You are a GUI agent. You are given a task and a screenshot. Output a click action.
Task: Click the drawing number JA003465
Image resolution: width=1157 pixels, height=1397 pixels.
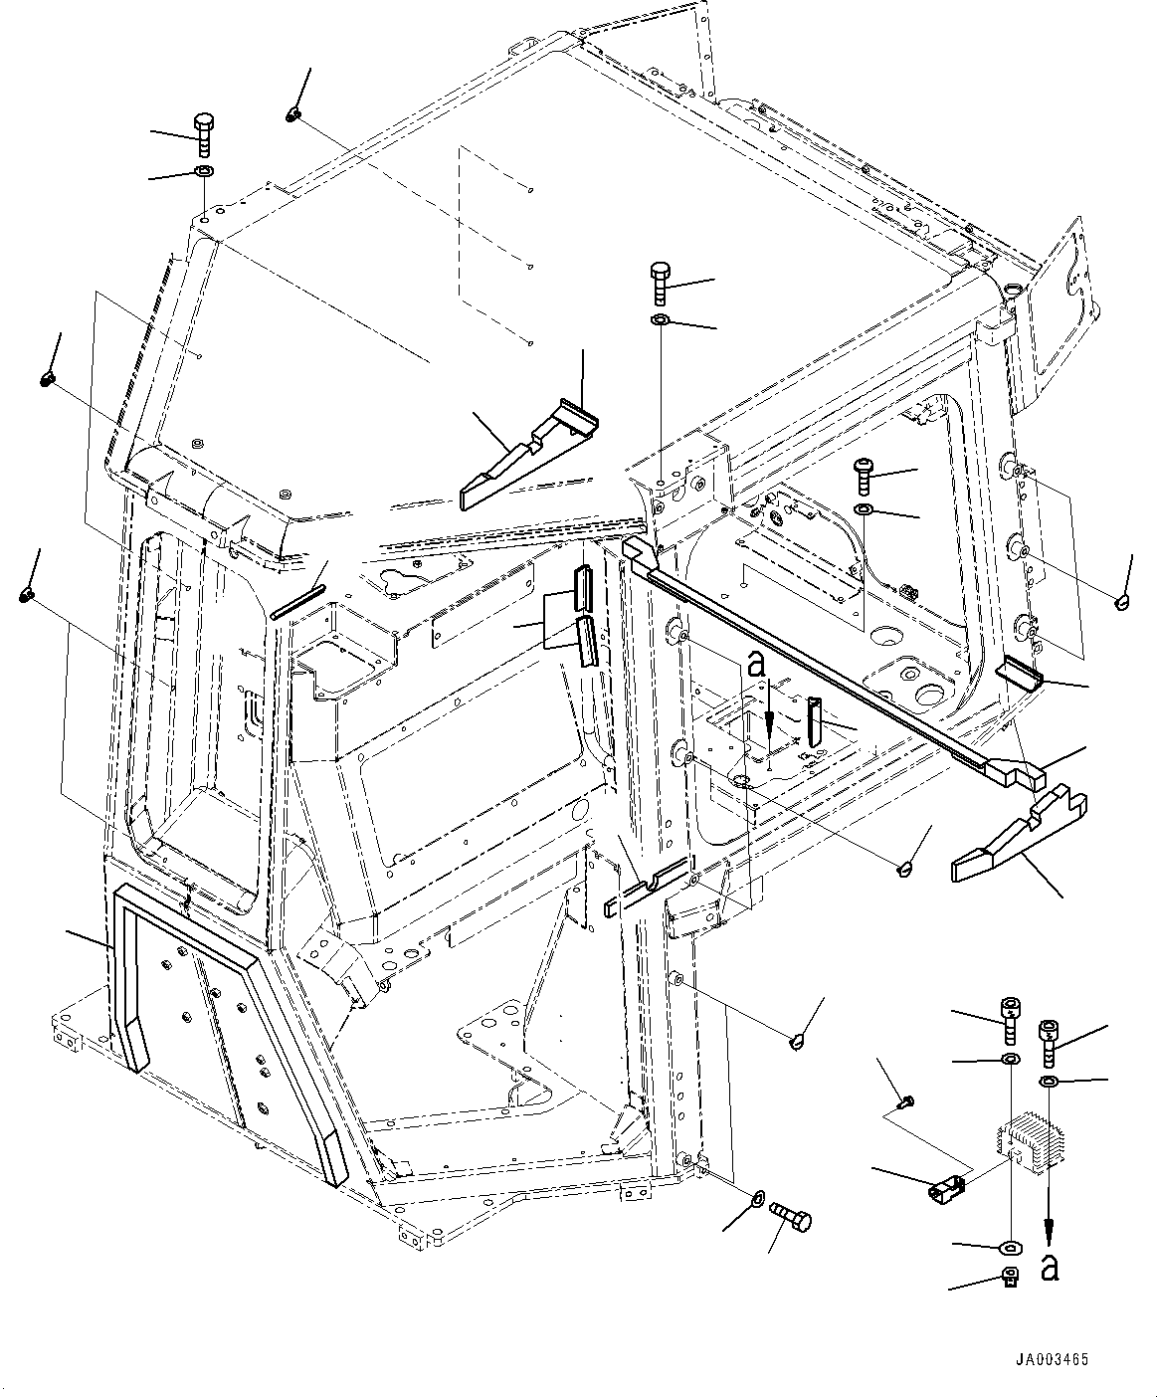1052,1357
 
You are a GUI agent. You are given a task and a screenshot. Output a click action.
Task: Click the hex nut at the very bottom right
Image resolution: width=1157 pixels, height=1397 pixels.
1011,1277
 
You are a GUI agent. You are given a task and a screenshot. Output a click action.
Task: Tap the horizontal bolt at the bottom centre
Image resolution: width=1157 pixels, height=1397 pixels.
792,1216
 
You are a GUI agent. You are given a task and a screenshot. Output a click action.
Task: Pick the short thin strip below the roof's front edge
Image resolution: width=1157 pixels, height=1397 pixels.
298,602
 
